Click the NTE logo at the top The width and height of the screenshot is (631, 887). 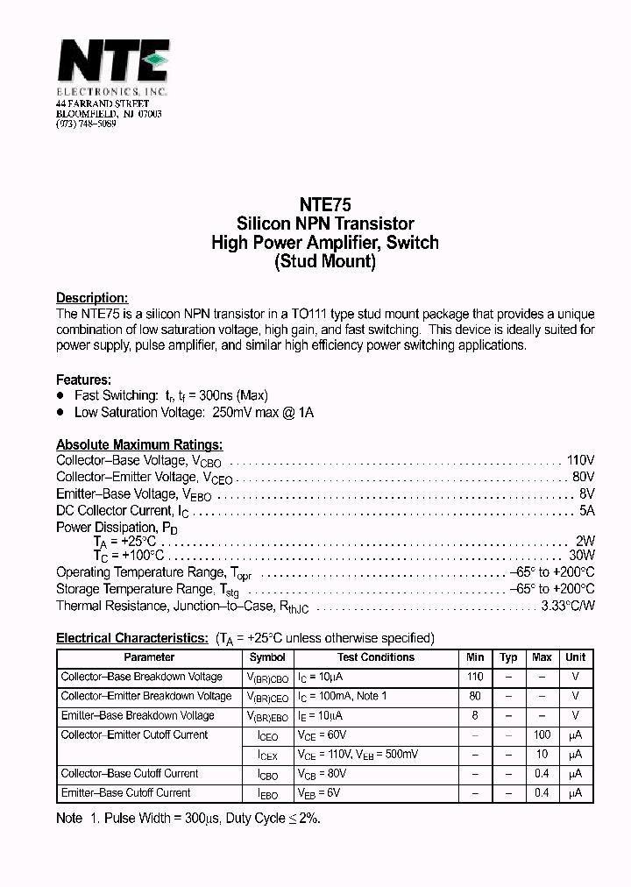pos(112,62)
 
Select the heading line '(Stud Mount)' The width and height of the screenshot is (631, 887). pos(324,262)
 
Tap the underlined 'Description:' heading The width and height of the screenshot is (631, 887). pos(92,298)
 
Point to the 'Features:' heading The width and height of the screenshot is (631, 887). pos(83,380)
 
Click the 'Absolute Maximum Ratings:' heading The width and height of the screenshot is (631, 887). pos(139,444)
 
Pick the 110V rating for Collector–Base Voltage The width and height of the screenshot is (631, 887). pos(580,460)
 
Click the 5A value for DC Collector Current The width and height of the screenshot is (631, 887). pos(586,510)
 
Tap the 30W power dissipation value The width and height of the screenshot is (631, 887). pos(581,556)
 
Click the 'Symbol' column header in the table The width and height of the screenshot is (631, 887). pos(267,657)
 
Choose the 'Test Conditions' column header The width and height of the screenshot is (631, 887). pos(376,657)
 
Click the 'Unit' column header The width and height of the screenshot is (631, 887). pos(575,657)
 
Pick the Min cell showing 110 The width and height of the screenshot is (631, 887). pos(475,677)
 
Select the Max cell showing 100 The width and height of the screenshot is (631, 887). pos(542,734)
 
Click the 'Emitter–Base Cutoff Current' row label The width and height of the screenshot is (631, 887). pos(125,792)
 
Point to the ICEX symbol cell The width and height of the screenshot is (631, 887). pos(267,755)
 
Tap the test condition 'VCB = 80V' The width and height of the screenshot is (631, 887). pos(323,774)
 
